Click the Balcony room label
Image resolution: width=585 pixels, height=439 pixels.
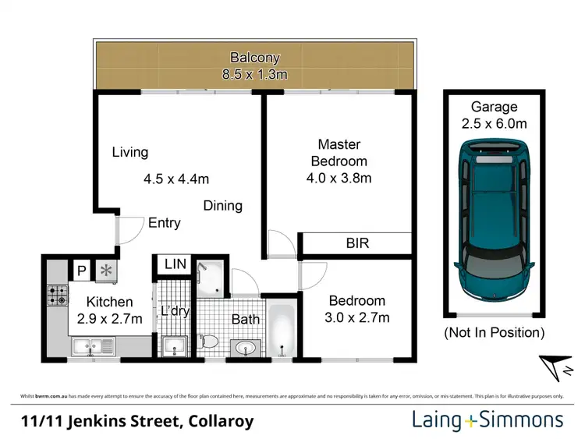tap(254, 58)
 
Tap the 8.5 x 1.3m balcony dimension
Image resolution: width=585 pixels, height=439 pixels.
tap(254, 75)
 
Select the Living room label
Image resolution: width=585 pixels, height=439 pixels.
tap(129, 152)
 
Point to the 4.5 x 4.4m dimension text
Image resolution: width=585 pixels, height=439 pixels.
tap(176, 179)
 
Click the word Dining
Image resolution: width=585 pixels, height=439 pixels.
tap(223, 206)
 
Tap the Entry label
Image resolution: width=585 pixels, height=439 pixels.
tap(165, 223)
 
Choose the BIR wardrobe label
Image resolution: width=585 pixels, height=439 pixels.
tap(357, 243)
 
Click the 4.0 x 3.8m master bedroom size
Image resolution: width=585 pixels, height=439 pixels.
tap(339, 177)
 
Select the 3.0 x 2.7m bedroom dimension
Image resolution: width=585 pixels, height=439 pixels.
tap(357, 317)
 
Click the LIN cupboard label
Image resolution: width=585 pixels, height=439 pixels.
tap(175, 264)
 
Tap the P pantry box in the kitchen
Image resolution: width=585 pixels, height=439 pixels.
tap(80, 271)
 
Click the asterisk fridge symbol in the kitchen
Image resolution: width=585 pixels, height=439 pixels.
tap(105, 271)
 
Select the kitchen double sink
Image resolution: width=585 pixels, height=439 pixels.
tap(92, 345)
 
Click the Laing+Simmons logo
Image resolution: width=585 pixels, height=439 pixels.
tap(487, 420)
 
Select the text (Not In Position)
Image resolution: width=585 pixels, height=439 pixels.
tap(492, 333)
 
